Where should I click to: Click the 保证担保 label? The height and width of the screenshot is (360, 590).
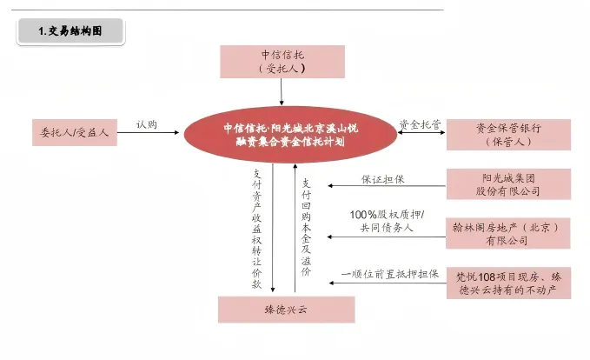coord(384,180)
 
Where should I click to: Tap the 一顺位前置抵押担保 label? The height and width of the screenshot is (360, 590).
coord(387,273)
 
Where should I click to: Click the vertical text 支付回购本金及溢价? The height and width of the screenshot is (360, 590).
coord(306,227)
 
